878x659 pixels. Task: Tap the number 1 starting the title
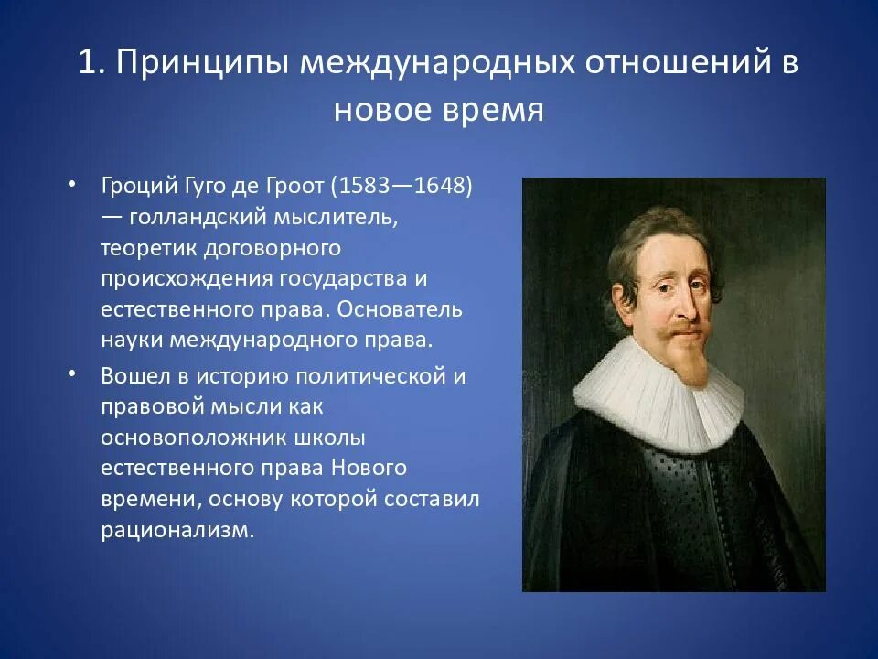[87, 63]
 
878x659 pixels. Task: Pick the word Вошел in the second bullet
[134, 376]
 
